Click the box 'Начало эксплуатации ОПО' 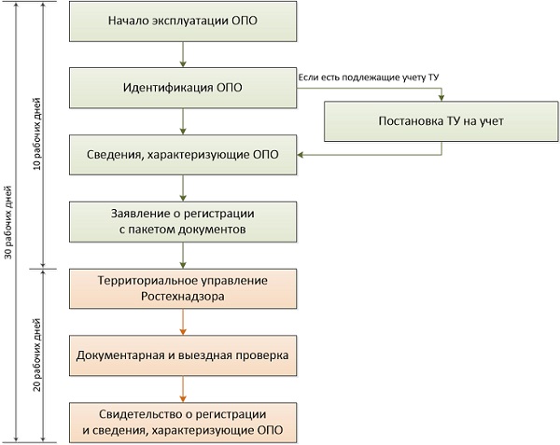pyautogui.click(x=183, y=21)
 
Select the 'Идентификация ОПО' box pyautogui.click(x=183, y=89)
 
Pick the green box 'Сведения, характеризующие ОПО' pyautogui.click(x=183, y=154)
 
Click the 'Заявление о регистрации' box pyautogui.click(x=183, y=221)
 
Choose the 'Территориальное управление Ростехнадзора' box pyautogui.click(x=183, y=288)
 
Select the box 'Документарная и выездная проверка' pyautogui.click(x=183, y=355)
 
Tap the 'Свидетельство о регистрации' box pyautogui.click(x=183, y=422)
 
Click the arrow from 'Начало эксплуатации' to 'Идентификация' pyautogui.click(x=183, y=54)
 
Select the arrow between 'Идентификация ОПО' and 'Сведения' pyautogui.click(x=183, y=121)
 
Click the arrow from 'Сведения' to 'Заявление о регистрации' pyautogui.click(x=183, y=188)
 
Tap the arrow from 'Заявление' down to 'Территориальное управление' pyautogui.click(x=183, y=255)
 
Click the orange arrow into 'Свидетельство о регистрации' pyautogui.click(x=183, y=389)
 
